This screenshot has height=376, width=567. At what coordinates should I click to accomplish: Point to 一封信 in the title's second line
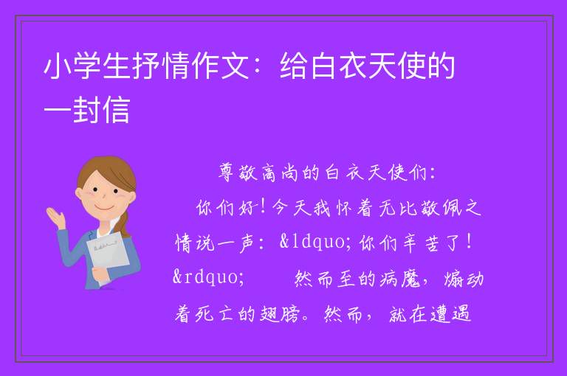(87, 109)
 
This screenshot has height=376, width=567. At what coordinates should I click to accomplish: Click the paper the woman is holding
(108, 254)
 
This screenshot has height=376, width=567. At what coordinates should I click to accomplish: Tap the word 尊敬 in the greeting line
(238, 173)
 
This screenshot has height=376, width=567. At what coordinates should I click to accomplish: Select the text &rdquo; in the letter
(209, 277)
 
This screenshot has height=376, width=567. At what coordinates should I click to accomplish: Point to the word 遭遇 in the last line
(450, 314)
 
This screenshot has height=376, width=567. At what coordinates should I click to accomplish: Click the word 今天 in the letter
(292, 208)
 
